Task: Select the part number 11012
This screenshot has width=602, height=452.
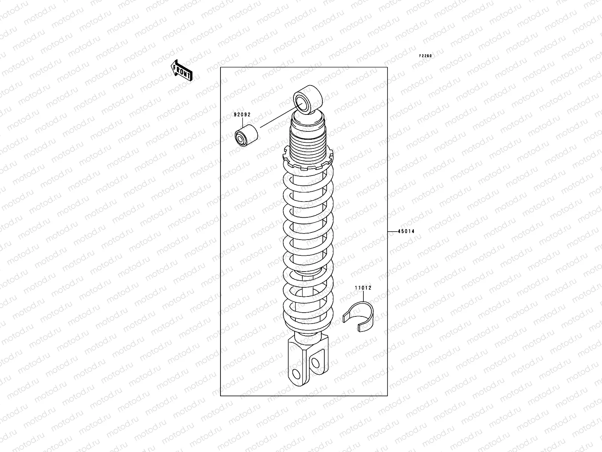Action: tap(363, 287)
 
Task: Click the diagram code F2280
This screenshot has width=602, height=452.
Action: tap(426, 56)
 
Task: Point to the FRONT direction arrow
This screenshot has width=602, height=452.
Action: tap(182, 70)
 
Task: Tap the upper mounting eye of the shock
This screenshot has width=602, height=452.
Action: tap(308, 99)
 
